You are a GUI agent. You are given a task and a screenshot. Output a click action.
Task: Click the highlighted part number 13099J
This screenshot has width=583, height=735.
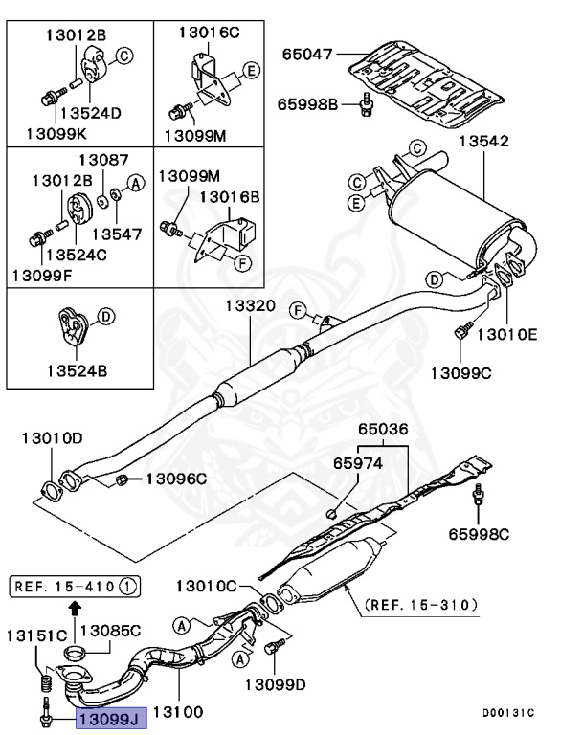pyautogui.click(x=110, y=714)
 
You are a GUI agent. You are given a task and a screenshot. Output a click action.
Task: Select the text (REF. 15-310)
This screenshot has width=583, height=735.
pyautogui.click(x=417, y=605)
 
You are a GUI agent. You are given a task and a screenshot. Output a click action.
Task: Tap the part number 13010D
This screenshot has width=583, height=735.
pyautogui.click(x=53, y=438)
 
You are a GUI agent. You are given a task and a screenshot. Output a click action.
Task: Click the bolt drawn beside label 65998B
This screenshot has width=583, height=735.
pyautogui.click(x=367, y=106)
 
